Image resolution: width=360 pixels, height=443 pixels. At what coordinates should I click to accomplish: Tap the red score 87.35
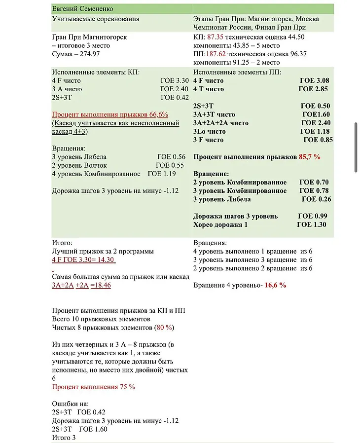point(216,37)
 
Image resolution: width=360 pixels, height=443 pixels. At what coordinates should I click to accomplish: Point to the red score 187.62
point(218,54)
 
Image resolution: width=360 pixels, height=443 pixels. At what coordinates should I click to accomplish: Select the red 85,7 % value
point(309,157)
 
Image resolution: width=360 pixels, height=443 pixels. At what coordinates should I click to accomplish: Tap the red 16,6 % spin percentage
point(275,286)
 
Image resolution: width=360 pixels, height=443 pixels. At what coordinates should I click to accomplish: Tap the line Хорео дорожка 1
point(220,225)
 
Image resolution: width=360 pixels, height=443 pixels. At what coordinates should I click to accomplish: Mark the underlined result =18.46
point(101,286)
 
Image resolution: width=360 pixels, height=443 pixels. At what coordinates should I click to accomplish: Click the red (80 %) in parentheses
point(164,328)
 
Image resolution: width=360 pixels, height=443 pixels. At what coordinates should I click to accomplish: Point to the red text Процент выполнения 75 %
point(94,387)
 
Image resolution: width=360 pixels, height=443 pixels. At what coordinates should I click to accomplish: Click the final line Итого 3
point(64,438)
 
